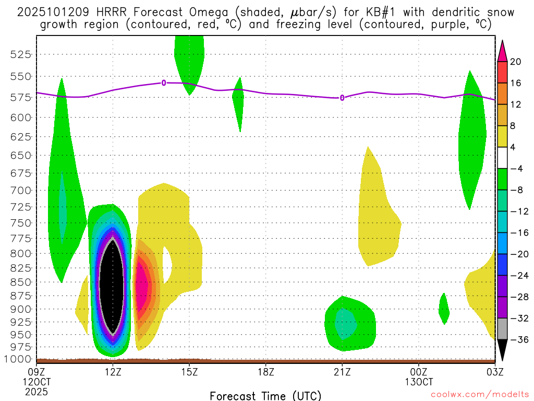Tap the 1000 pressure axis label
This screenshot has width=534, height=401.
tap(19, 359)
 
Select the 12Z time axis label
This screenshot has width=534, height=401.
tap(113, 372)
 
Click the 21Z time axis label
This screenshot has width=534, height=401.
tap(342, 372)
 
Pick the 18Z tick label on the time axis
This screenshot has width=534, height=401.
tap(266, 372)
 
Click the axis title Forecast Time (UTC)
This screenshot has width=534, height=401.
tap(265, 395)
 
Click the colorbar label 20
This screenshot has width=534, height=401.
tap(516, 62)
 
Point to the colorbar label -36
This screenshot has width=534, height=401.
tap(516, 340)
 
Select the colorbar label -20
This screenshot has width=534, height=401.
tap(516, 254)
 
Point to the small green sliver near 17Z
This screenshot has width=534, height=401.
tap(238, 102)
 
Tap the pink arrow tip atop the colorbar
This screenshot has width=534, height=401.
tap(502, 50)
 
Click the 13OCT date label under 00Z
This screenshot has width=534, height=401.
tap(419, 382)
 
